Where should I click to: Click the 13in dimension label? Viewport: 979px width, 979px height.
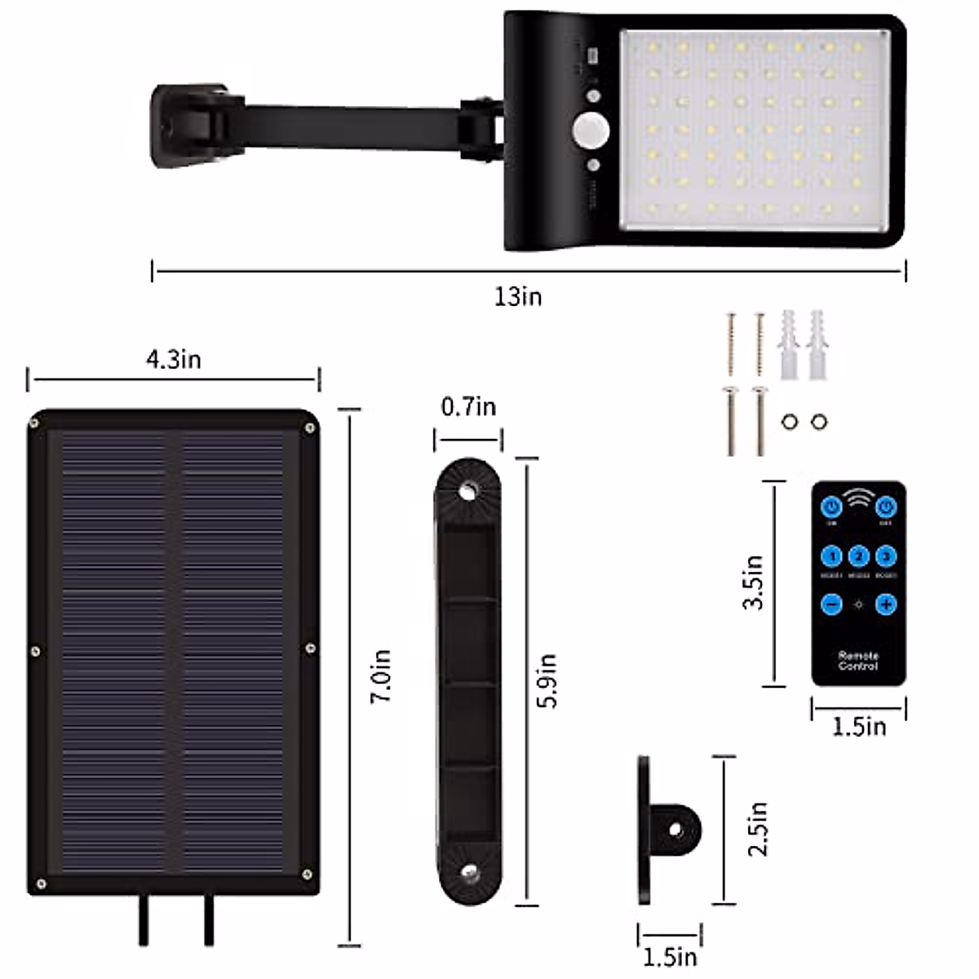point(518,296)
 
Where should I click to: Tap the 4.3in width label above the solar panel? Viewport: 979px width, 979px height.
point(174,360)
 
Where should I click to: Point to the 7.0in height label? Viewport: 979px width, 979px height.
point(381,676)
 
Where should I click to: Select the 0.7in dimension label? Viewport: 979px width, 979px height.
point(468,406)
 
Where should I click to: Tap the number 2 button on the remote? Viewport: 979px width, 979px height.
point(858,557)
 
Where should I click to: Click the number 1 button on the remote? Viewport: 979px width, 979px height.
point(831,557)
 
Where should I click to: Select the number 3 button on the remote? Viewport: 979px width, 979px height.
point(886,557)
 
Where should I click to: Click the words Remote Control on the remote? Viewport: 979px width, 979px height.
point(858,661)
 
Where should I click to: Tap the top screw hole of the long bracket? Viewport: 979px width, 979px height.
point(468,491)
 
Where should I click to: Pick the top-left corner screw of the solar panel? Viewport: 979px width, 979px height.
point(34,423)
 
